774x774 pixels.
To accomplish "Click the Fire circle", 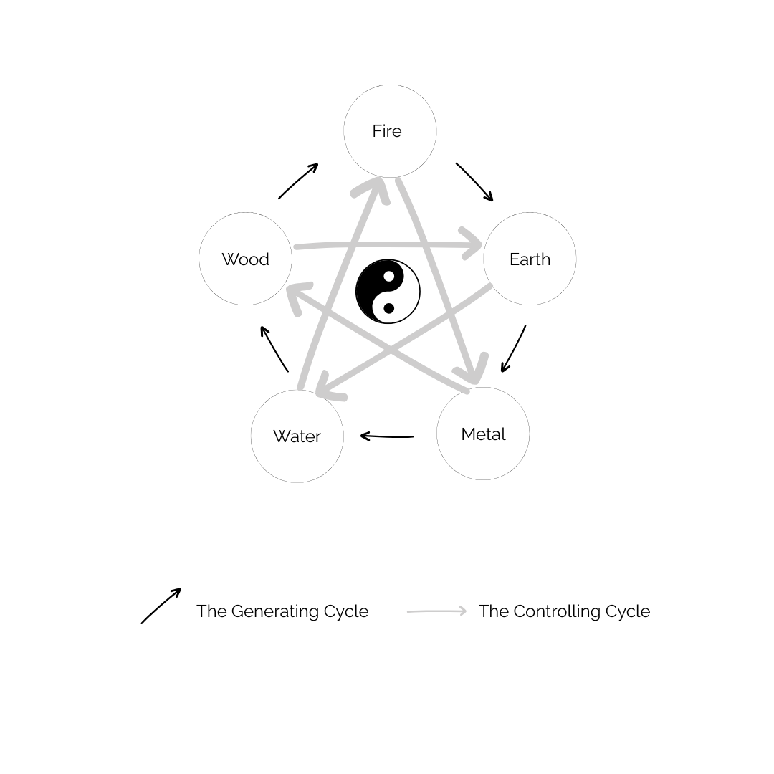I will coord(390,131).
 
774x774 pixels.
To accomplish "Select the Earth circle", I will coord(530,259).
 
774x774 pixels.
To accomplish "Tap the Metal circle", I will coord(483,434).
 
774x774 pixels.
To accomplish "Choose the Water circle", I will coord(297,436).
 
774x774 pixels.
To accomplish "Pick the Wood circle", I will coord(245,259).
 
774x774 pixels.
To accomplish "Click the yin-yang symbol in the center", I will coord(388,292).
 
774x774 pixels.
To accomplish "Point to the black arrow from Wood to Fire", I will coord(298,181).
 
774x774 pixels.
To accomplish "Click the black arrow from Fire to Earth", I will coord(474,182).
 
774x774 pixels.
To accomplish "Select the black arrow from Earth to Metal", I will coord(514,349).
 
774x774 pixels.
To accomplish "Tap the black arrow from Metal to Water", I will coord(387,436).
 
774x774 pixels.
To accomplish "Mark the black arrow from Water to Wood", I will coord(274,349).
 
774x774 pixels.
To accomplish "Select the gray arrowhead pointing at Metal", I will coord(472,371).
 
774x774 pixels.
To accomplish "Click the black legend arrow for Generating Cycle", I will coord(161,606).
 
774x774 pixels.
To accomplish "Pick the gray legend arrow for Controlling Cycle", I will coord(437,611).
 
